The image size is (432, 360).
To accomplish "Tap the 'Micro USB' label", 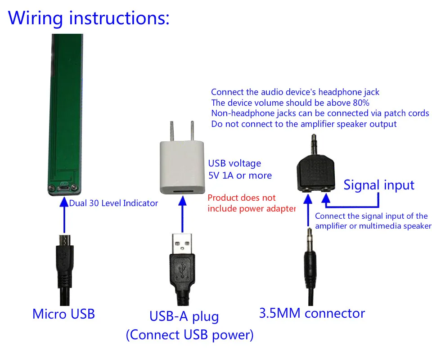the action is click(x=63, y=313).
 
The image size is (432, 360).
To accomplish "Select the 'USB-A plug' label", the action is click(x=184, y=316).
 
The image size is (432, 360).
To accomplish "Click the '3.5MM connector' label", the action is click(x=312, y=313).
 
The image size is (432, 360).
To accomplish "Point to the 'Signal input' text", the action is click(x=379, y=185).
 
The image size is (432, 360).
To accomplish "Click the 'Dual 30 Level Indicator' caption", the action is click(x=113, y=203).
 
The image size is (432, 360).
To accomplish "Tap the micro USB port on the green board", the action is click(x=64, y=189).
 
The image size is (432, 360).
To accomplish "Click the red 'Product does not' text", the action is click(x=242, y=198).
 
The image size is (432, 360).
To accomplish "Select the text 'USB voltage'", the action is click(x=234, y=163).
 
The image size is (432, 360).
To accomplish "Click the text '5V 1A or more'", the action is click(x=239, y=175).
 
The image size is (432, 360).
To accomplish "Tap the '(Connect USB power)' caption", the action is click(x=189, y=335).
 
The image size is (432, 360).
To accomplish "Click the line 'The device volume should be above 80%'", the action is click(x=290, y=103).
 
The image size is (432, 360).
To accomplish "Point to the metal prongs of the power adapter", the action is click(x=181, y=130).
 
